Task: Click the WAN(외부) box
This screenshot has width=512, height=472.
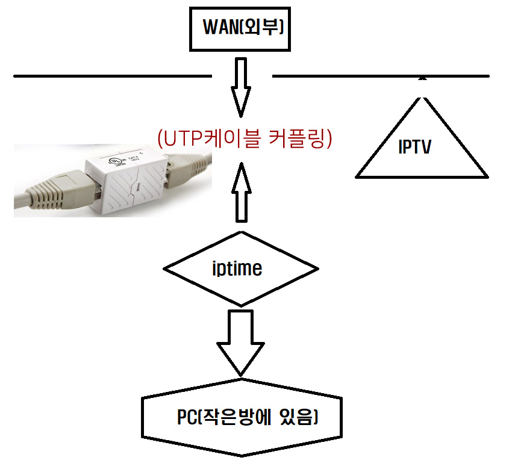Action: coord(240,29)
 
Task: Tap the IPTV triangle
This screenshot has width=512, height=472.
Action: coord(422,144)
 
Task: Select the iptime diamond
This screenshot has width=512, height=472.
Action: coord(241,269)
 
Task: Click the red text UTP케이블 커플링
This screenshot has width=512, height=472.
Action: coord(245,139)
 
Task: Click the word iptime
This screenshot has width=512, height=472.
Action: coord(237,269)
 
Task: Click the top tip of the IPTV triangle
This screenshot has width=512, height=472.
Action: coord(422,80)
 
